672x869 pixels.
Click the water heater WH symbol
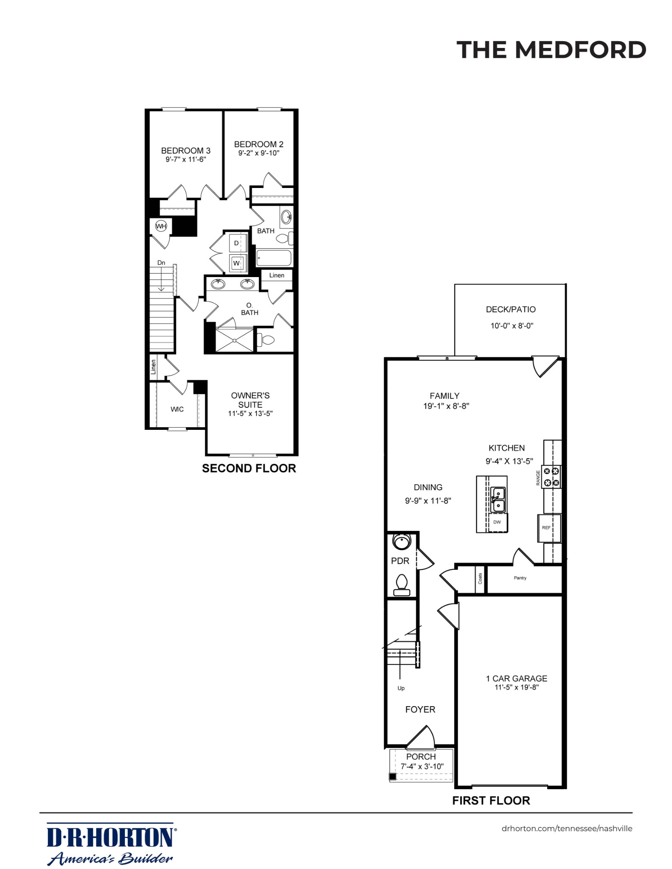[x=161, y=226]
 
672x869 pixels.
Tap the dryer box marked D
[x=236, y=243]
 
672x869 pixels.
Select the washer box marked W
[x=237, y=263]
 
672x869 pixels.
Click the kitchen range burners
[x=551, y=477]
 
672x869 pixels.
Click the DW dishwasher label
[x=497, y=522]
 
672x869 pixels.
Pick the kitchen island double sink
[x=498, y=499]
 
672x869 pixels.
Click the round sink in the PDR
[x=402, y=541]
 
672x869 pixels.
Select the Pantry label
[x=520, y=577]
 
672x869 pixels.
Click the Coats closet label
[x=480, y=578]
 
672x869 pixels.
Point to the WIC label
[x=177, y=409]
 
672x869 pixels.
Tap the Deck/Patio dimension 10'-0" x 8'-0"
[x=512, y=326]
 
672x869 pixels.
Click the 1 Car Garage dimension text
[x=517, y=687]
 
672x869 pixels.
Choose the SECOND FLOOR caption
[x=249, y=468]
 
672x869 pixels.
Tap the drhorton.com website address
[x=567, y=828]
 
